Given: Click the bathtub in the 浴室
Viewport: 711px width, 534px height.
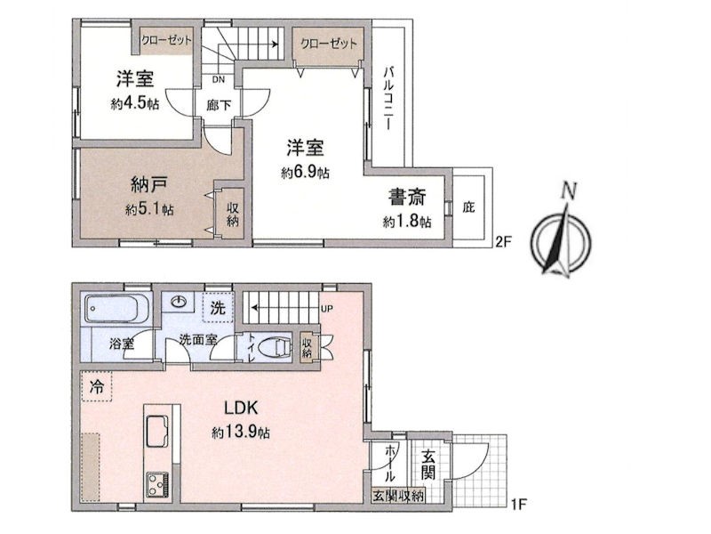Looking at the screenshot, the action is point(117,309).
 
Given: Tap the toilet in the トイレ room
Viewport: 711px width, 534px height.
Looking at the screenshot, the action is point(276,348).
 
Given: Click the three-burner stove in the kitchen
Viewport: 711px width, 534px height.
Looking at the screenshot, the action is point(157,486).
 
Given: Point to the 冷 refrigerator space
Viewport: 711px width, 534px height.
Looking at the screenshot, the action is point(96,386).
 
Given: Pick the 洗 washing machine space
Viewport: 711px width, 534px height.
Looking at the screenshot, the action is point(218,308).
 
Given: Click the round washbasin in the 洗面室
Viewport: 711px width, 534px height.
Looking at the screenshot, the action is point(180,302).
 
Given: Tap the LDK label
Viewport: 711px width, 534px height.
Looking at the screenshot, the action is point(241,408).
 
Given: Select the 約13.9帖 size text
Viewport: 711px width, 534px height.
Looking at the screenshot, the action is point(241,433).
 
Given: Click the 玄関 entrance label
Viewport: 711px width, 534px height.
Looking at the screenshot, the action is point(428,464).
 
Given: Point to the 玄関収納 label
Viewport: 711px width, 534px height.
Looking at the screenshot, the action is point(398,496).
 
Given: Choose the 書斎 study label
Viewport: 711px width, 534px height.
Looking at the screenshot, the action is point(407,198).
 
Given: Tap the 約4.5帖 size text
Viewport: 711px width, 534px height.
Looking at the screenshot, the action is point(135,104).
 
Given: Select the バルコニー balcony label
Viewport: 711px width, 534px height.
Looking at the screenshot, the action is point(388,99).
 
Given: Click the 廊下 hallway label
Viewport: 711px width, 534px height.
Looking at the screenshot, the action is point(219,106).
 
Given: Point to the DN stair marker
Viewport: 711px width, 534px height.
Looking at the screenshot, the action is point(219,79).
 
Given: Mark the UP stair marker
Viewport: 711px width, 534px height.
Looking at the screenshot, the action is point(327,309).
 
